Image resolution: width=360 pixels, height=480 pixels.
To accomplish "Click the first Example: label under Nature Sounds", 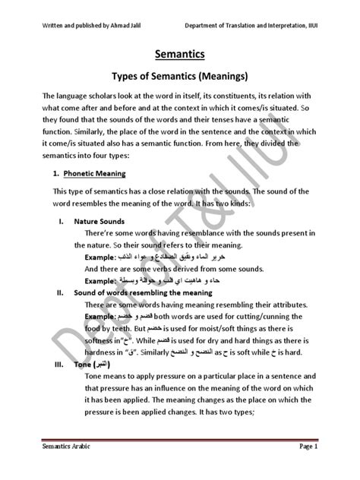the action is (x=99, y=258).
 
